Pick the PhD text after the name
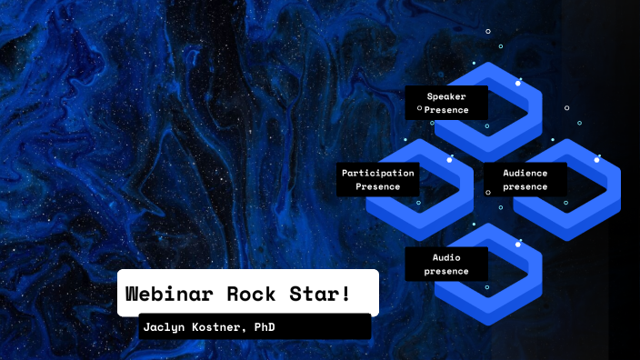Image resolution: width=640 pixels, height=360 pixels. click(x=264, y=326)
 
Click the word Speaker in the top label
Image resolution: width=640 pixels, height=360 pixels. click(x=446, y=95)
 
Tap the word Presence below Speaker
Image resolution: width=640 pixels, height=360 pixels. click(x=446, y=110)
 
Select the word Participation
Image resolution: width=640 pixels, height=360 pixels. click(x=377, y=172)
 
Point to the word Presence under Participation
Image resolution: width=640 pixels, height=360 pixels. click(x=377, y=186)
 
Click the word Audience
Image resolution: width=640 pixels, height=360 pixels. click(x=525, y=172)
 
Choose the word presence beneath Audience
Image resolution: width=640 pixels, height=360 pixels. click(x=525, y=186)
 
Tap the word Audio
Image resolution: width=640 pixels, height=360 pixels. click(x=446, y=256)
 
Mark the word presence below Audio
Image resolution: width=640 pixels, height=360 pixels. click(x=446, y=271)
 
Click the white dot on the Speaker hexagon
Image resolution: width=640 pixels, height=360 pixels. click(x=518, y=83)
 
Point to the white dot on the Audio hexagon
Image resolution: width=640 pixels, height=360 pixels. click(x=518, y=244)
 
